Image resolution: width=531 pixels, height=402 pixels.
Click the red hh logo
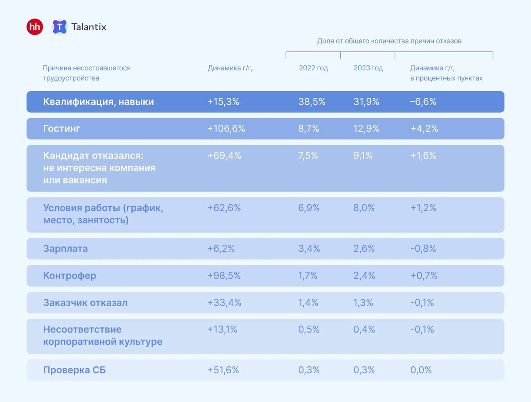click(35, 27)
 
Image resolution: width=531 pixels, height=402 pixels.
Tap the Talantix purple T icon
click(59, 27)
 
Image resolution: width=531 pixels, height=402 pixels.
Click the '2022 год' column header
click(313, 68)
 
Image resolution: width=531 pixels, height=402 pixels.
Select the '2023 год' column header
click(368, 68)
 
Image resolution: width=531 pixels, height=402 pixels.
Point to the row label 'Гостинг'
click(62, 129)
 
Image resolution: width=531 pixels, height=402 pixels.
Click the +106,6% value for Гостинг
click(226, 129)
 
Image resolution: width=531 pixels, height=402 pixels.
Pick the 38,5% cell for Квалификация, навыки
click(312, 102)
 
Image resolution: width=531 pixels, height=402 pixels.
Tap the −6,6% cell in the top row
click(423, 102)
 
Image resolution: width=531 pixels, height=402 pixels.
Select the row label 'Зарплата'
click(65, 249)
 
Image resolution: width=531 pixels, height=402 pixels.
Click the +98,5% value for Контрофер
click(224, 276)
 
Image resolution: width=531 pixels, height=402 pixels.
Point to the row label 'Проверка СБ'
click(74, 370)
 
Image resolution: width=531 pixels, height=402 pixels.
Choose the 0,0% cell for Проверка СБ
click(421, 370)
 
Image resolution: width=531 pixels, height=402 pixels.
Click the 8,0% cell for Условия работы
click(364, 208)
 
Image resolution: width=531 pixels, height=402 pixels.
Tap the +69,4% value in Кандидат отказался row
click(224, 156)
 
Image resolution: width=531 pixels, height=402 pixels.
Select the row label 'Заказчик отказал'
click(85, 302)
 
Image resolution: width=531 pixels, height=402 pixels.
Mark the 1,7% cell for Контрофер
click(308, 276)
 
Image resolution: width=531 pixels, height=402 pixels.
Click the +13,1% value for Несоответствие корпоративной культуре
click(223, 329)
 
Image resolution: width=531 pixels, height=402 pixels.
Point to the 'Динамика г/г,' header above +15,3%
click(230, 68)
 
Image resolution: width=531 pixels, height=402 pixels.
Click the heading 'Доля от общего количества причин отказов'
click(389, 41)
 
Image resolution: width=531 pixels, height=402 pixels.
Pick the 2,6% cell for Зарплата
click(364, 249)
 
